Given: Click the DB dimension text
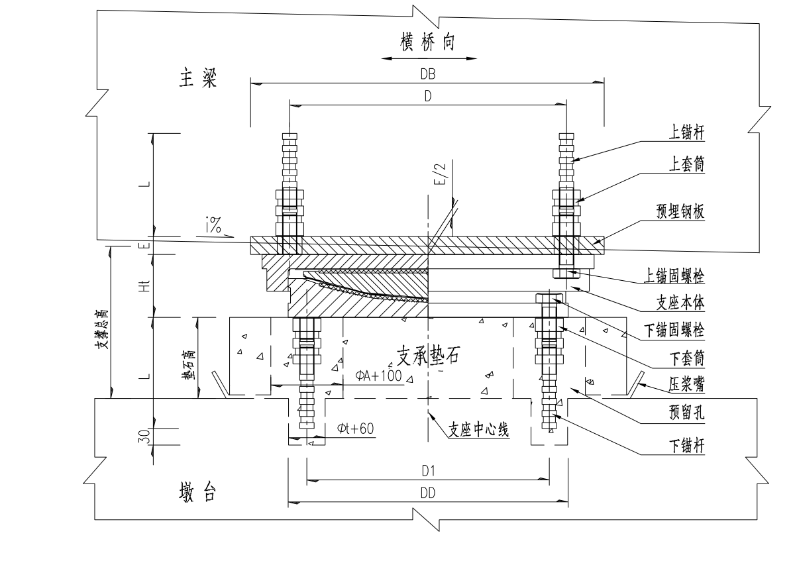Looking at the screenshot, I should [x=427, y=75].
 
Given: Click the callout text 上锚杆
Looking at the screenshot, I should [x=685, y=132].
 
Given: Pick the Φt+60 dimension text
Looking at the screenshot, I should [x=355, y=429].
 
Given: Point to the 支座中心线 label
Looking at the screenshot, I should [x=478, y=429].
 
